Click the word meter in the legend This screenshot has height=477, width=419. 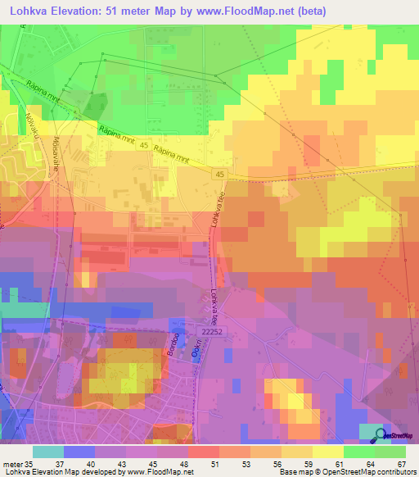(11, 464)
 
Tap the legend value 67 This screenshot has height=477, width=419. (400, 464)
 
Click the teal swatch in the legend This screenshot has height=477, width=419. (48, 452)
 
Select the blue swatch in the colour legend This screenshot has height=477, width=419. (80, 452)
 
